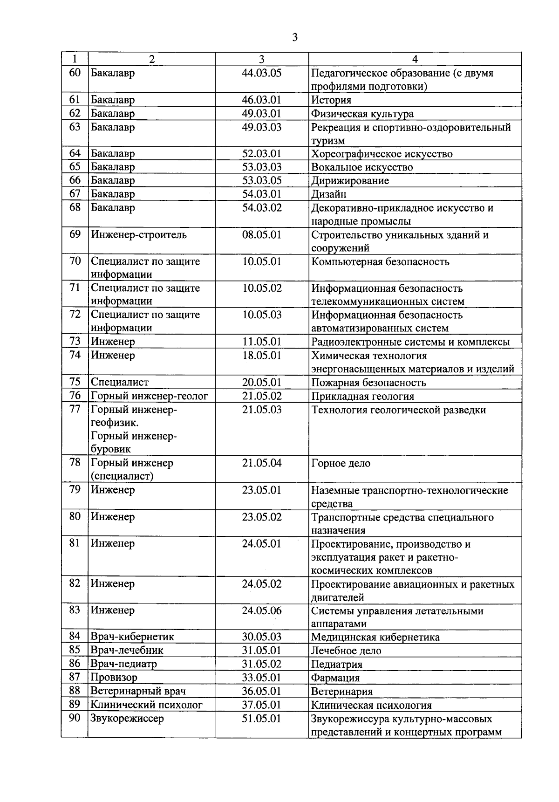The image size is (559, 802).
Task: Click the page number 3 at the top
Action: pos(294,38)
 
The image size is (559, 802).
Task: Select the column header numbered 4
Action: pos(415,59)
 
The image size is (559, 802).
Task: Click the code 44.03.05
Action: pos(262,73)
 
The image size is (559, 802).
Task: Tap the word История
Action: pos(331,100)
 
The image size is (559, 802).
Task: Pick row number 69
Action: pos(75,234)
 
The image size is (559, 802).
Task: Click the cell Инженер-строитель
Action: pos(139,235)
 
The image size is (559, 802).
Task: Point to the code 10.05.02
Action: pos(262,288)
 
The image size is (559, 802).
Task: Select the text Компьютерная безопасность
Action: pos(380,262)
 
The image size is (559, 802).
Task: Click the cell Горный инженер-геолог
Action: pos(149,396)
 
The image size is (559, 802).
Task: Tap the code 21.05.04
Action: pos(262,463)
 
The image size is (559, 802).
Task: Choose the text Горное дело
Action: pos(341,464)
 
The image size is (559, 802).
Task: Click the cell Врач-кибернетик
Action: pos(132,637)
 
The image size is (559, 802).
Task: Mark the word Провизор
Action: pos(114,678)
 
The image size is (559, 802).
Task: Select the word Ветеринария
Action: pos(341,692)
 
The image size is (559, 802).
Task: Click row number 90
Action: pos(75,718)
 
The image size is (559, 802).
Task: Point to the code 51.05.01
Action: pos(262,719)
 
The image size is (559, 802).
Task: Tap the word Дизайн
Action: pos(329,194)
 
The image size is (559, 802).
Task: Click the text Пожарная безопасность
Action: pos(368,383)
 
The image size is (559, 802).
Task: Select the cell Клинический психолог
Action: pos(146,705)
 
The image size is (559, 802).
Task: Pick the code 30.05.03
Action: pos(262,637)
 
